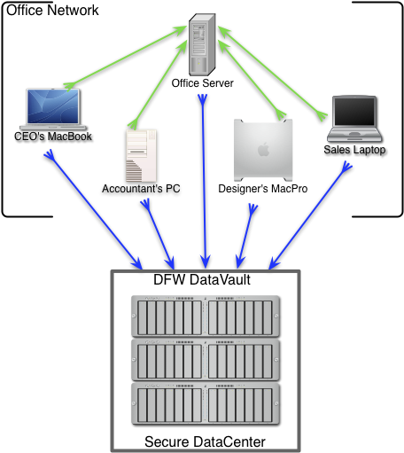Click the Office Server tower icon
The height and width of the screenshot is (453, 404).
coord(202,44)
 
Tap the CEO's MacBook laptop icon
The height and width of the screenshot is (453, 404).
coord(53,109)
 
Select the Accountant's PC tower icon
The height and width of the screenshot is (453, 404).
coord(141,155)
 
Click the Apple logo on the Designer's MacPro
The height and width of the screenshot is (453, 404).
coord(263,149)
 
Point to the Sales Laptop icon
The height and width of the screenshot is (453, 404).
coord(354,119)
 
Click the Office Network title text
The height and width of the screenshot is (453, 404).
coord(52,11)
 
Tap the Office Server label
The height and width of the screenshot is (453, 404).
coord(203,83)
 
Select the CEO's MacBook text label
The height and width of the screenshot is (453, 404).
coord(53,137)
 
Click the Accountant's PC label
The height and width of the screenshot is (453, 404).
coord(141,189)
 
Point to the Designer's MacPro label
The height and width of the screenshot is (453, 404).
coord(263,189)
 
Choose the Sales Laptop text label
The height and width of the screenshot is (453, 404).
coord(354,150)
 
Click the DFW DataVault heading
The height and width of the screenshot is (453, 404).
coord(202,279)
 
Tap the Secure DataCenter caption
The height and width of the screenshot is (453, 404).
coord(205,441)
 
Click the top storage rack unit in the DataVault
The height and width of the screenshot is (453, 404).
coord(206,316)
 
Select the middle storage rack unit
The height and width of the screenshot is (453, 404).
coord(206,360)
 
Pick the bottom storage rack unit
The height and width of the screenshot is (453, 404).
coord(206,403)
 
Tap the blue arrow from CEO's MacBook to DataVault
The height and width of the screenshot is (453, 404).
coord(93,209)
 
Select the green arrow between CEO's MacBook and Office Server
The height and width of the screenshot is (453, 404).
coord(125,58)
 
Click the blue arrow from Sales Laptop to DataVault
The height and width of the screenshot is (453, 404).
coord(310,215)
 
